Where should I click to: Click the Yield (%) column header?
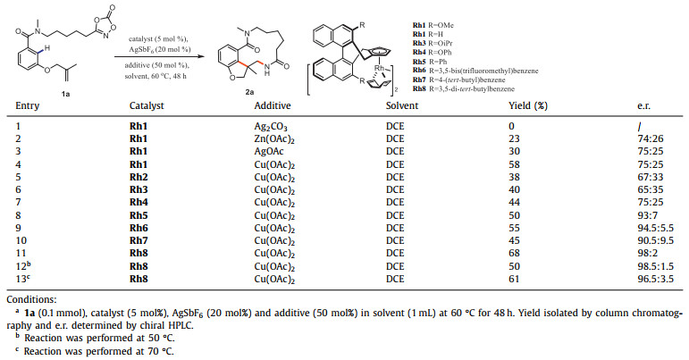527,130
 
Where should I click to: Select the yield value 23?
515,165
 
